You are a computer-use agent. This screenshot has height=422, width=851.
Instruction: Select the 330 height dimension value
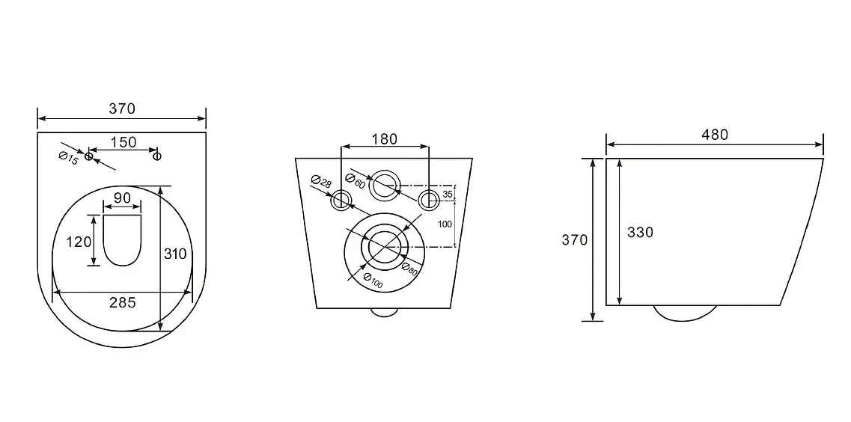click(x=641, y=232)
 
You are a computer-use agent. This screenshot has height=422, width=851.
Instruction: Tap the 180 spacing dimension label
click(x=384, y=139)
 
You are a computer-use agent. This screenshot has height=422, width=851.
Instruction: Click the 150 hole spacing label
click(x=123, y=142)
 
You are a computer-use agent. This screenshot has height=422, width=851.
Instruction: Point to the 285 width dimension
click(x=123, y=303)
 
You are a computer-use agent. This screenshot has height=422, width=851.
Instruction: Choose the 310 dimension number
click(x=175, y=254)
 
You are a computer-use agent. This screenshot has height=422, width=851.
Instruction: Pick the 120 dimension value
click(x=79, y=242)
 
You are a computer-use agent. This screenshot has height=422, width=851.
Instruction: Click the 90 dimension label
click(x=123, y=198)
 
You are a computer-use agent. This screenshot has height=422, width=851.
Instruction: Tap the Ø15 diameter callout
click(x=69, y=159)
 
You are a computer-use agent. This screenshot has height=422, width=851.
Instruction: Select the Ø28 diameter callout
click(x=321, y=181)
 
